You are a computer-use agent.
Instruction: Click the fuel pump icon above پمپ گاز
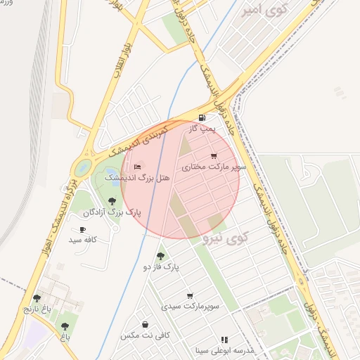pyautogui.click(x=202, y=117)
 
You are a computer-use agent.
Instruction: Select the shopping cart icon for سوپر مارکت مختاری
pyautogui.click(x=214, y=156)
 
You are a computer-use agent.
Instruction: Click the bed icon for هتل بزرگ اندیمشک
pyautogui.click(x=137, y=167)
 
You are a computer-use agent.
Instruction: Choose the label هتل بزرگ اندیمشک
pyautogui.click(x=137, y=179)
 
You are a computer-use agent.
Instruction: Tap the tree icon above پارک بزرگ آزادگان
pyautogui.click(x=112, y=201)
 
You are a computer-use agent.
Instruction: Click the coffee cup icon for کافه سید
pyautogui.click(x=82, y=229)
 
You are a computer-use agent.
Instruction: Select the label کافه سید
pyautogui.click(x=82, y=240)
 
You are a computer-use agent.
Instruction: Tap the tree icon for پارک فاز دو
pyautogui.click(x=161, y=256)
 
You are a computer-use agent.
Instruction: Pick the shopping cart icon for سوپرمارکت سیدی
pyautogui.click(x=190, y=295)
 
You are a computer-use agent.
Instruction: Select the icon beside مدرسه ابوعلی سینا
pyautogui.click(x=224, y=340)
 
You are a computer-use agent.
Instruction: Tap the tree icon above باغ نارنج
pyautogui.click(x=37, y=298)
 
